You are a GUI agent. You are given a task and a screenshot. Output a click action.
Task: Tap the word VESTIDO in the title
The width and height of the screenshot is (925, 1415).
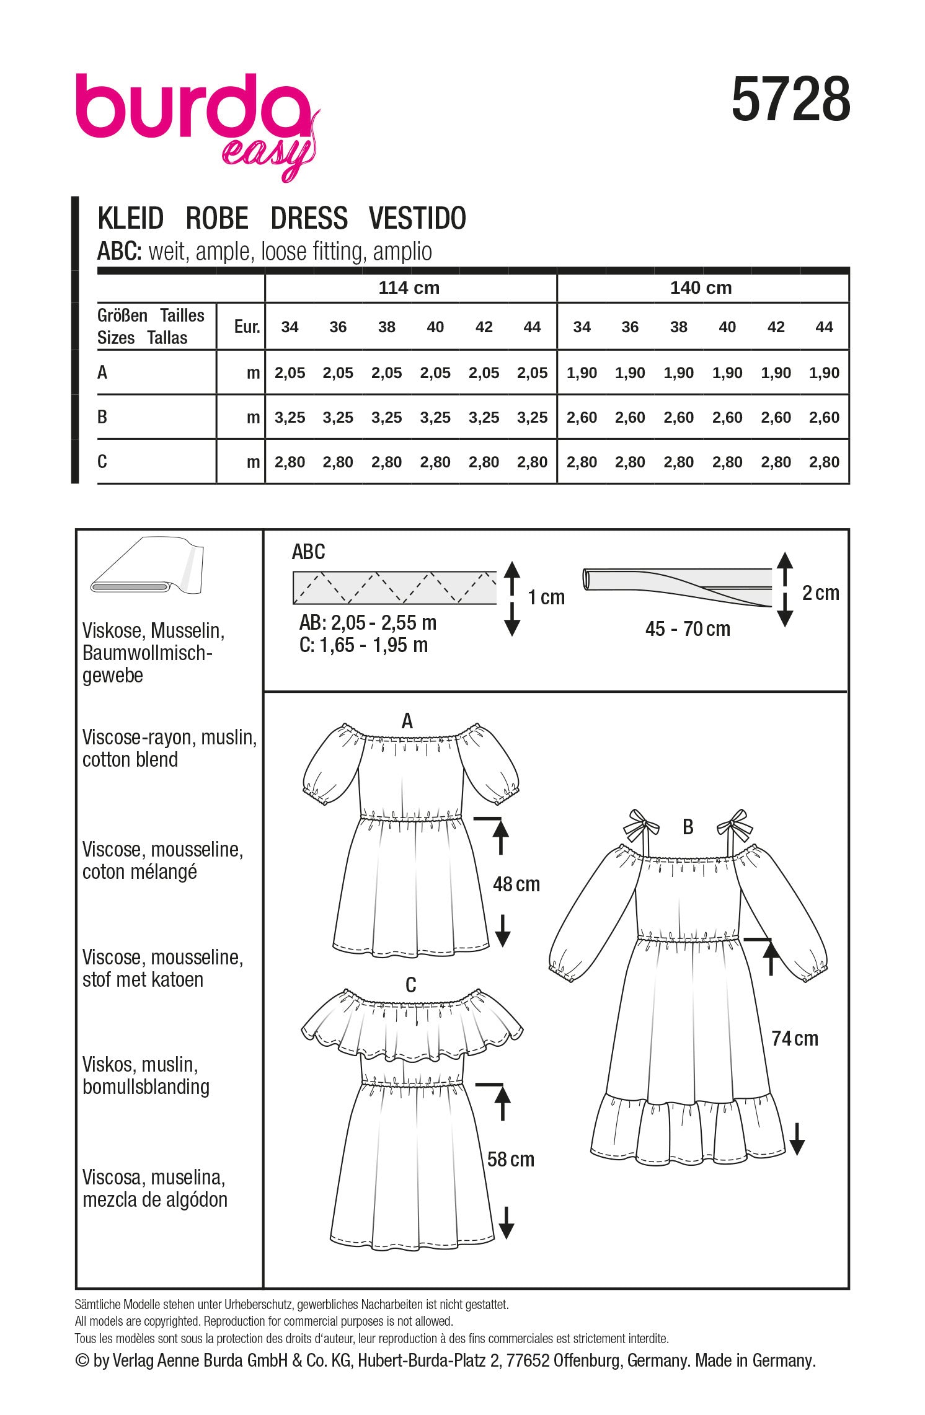point(417,219)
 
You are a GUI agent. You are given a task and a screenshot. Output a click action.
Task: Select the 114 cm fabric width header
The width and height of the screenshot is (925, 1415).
point(409,288)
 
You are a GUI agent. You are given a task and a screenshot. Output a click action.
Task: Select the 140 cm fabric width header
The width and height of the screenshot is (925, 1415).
point(701,288)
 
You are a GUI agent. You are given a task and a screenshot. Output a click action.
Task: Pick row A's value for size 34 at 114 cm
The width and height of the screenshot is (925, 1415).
point(290,373)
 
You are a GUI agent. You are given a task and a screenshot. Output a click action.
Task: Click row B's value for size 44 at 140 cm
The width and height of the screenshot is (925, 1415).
point(824,418)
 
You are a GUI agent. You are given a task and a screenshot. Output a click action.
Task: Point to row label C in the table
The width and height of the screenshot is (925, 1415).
point(102,462)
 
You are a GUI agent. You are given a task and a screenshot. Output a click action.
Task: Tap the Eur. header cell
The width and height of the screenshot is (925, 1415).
point(247,327)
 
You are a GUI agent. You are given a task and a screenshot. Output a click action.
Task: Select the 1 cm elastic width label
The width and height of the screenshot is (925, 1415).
point(546,597)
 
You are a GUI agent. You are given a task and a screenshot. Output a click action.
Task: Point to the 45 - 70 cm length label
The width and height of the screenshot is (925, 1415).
point(688,629)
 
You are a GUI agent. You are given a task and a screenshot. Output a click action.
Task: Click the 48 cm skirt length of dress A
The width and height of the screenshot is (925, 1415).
point(516,884)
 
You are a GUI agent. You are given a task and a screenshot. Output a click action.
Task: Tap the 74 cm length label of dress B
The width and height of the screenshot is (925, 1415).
point(795,1038)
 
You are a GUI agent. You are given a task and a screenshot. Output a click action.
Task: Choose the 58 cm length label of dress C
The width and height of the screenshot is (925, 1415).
point(510,1159)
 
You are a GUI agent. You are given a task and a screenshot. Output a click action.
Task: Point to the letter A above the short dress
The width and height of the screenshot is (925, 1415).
point(407,721)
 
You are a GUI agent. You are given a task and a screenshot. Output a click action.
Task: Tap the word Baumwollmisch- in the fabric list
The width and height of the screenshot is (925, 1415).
point(148,653)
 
